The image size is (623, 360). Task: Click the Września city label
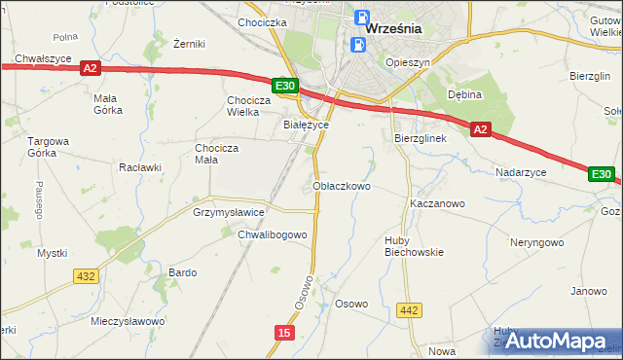[394, 28]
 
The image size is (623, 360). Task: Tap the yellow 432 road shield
[86, 276]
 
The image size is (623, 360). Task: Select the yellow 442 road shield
[410, 310]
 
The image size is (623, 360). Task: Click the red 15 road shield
[283, 333]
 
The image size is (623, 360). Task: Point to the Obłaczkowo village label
[342, 186]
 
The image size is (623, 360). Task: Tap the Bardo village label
[183, 272]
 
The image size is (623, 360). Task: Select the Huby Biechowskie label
[414, 244]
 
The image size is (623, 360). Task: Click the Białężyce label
[306, 125]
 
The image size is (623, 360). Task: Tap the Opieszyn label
[408, 61]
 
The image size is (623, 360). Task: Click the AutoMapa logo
[551, 341]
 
